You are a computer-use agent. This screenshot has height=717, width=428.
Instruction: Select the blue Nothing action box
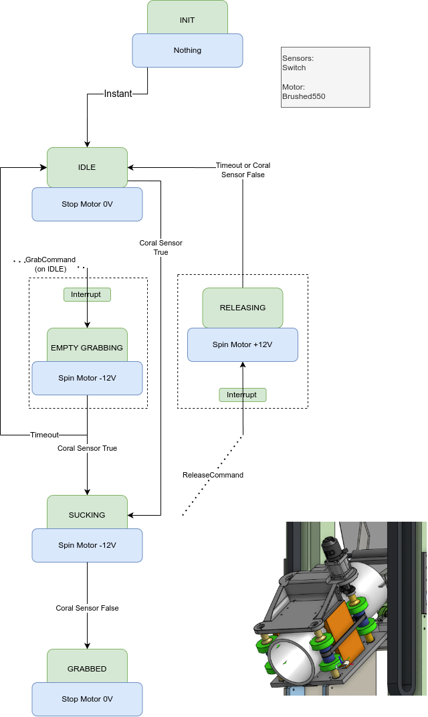point(187,51)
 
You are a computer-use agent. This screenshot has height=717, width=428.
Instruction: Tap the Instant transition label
point(118,94)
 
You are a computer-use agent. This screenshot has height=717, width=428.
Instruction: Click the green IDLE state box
point(87,166)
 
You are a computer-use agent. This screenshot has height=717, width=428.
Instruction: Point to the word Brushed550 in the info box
point(304,97)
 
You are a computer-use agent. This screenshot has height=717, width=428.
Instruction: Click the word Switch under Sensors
point(294,68)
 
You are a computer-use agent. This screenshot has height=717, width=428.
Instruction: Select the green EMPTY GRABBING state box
point(87,346)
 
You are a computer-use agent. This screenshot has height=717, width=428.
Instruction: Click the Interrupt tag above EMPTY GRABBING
point(87,294)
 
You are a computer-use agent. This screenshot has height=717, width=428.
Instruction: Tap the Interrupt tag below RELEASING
point(242,395)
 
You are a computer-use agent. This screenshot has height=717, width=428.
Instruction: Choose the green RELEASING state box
point(243,307)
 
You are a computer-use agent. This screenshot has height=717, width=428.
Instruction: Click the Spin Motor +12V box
point(243,345)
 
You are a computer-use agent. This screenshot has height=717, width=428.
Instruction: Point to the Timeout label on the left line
point(44,435)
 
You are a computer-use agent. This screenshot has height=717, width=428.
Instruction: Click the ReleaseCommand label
point(213,475)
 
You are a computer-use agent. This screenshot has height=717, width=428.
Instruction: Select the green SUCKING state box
point(87,513)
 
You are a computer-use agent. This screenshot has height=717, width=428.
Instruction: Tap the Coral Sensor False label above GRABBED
point(87,608)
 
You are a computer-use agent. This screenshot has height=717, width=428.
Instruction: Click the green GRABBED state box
point(87,667)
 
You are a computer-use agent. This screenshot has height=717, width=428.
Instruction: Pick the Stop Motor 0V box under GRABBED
point(87,700)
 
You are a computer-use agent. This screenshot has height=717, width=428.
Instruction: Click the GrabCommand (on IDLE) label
point(50,264)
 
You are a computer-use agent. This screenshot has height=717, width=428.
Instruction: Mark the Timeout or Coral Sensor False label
point(243,170)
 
